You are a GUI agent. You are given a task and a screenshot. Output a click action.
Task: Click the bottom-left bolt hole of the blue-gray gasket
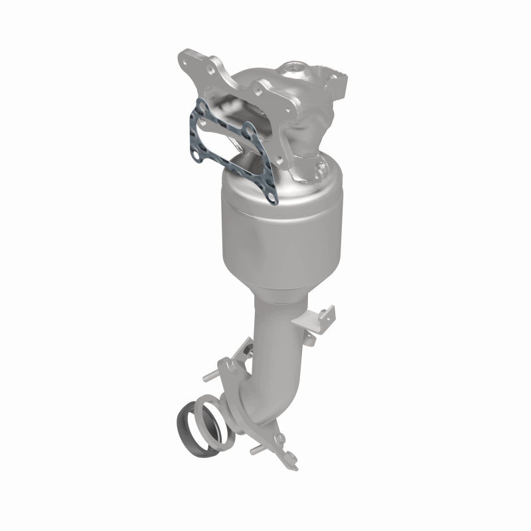tap(197, 154)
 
